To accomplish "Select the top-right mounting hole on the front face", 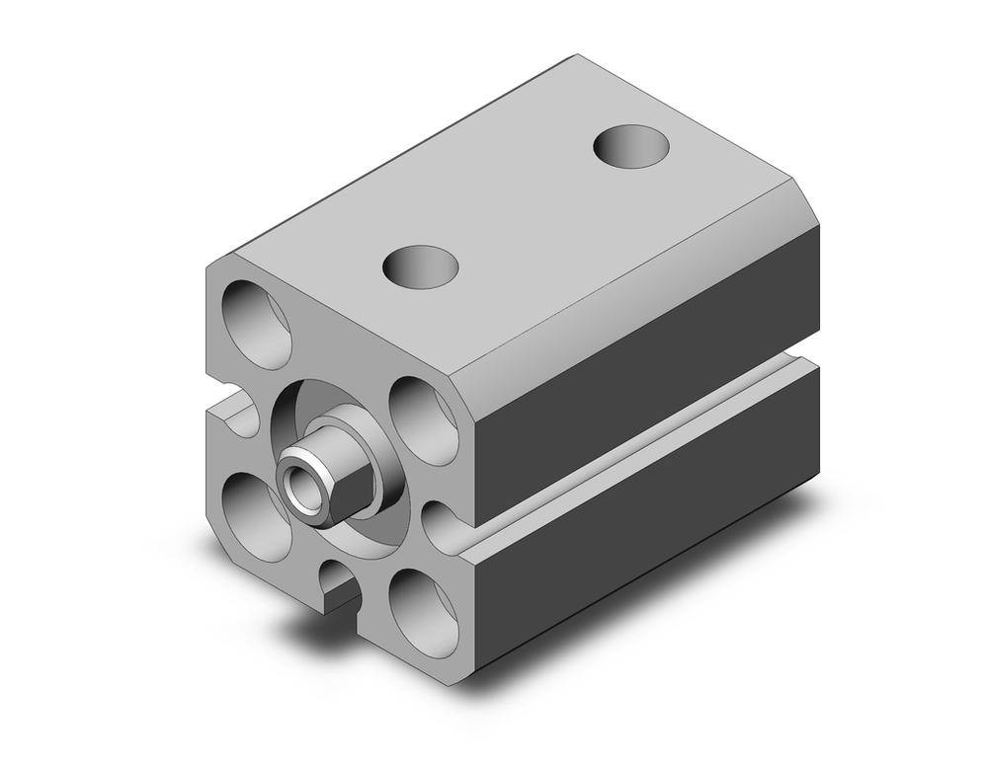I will coord(422,408).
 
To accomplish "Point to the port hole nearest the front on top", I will coord(423,266).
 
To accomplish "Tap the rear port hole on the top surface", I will coord(632,146).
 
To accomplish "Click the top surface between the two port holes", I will coord(524,207).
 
